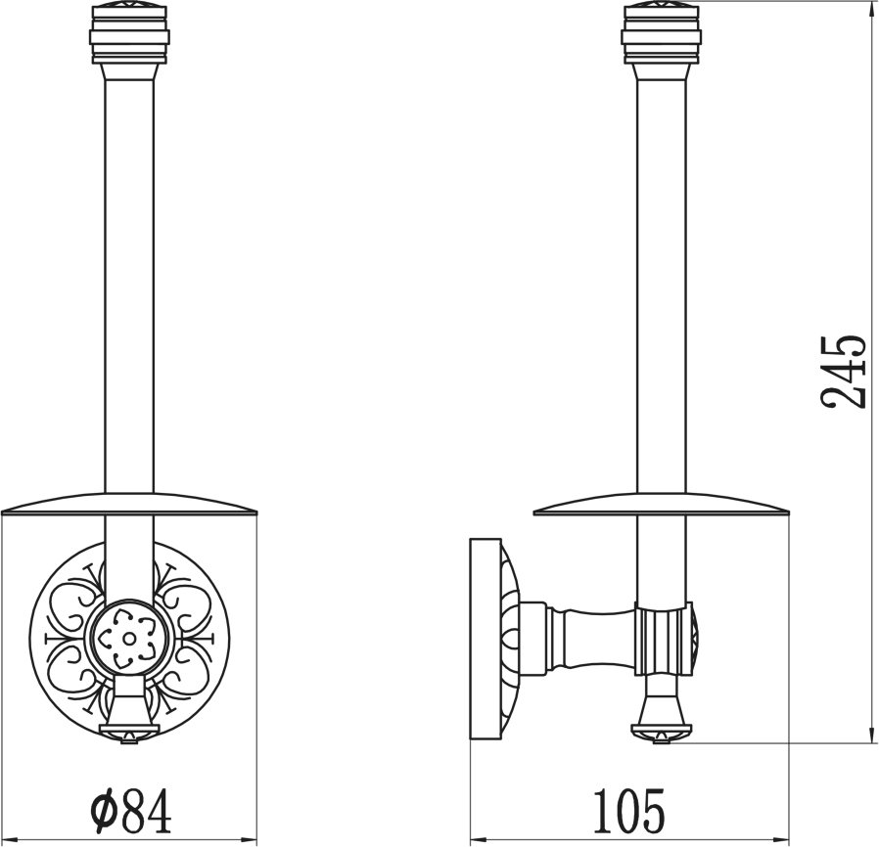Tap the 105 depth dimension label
click(628, 791)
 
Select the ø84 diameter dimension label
click(131, 791)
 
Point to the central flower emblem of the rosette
click(129, 639)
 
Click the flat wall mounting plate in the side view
click(485, 640)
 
